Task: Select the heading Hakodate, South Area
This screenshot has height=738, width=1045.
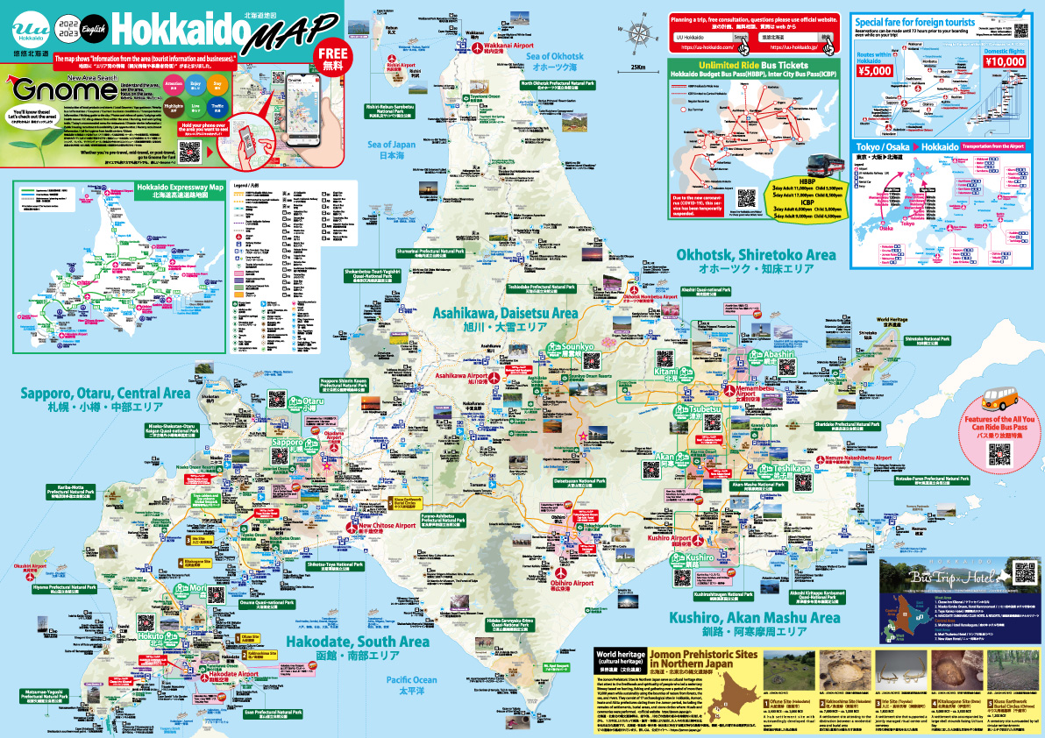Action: (358, 642)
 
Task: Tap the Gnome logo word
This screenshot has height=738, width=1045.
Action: (50, 92)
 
